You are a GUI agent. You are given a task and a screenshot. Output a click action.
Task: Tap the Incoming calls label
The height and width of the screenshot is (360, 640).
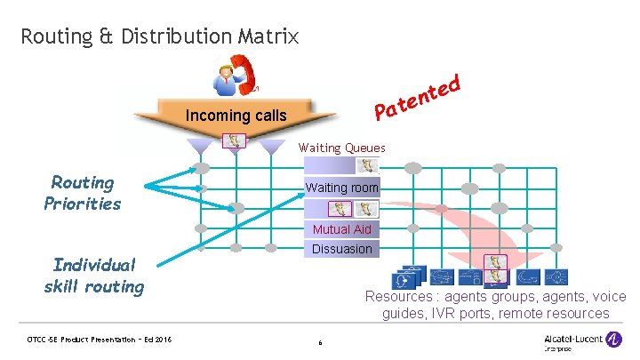(x=236, y=116)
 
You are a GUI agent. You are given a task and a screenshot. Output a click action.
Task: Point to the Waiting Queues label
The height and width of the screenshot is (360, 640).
(x=342, y=148)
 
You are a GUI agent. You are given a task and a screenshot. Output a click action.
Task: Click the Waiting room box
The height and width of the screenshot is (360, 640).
(x=342, y=188)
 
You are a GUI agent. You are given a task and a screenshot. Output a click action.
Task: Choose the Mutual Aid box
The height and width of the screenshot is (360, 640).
(x=342, y=229)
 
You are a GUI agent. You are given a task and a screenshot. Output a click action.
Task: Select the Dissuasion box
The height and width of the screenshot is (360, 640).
(x=342, y=249)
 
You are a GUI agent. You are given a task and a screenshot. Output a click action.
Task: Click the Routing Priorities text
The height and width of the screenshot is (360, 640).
(x=83, y=193)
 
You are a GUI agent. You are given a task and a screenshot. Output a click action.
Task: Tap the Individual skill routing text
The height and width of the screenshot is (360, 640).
(x=93, y=276)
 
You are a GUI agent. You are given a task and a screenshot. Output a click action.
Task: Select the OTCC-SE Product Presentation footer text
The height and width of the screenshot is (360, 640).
(x=99, y=340)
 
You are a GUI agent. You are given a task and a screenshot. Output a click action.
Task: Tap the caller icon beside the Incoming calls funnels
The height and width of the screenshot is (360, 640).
(x=234, y=140)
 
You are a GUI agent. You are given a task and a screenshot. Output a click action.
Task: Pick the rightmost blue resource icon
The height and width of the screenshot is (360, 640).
(x=556, y=276)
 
